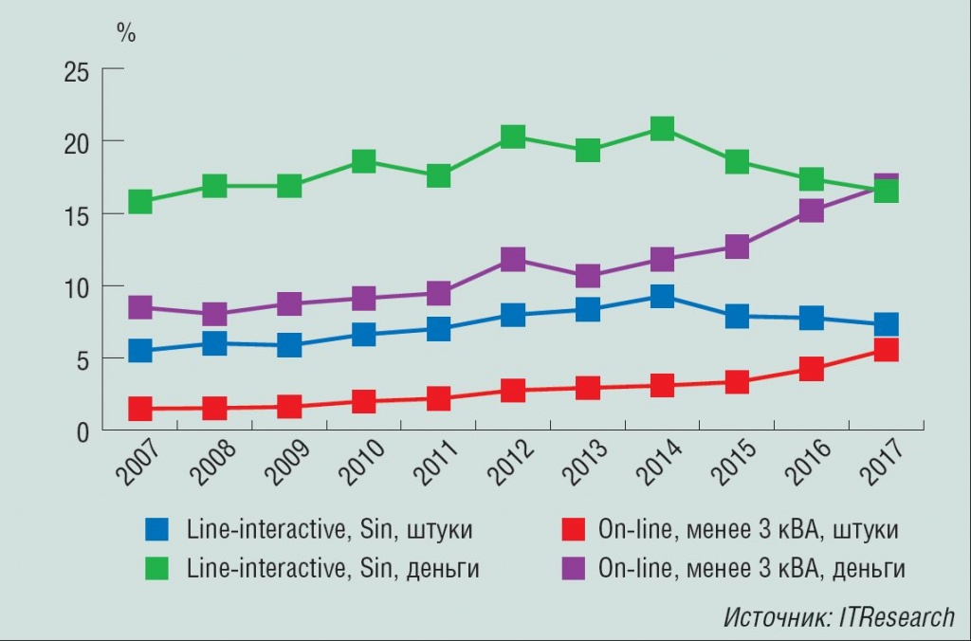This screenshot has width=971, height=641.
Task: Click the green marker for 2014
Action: click(x=662, y=129)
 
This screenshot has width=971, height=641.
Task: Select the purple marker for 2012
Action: click(x=513, y=260)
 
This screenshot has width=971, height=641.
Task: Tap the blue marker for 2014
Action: click(x=662, y=297)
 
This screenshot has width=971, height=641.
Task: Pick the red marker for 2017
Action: click(x=886, y=350)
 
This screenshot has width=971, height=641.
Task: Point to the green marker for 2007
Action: click(x=140, y=202)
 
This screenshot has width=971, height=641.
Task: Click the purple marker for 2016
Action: click(x=811, y=211)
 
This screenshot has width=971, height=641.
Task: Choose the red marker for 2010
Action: click(x=364, y=401)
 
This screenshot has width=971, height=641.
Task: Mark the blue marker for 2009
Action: click(x=289, y=345)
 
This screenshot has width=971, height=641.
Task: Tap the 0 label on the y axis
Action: click(x=82, y=431)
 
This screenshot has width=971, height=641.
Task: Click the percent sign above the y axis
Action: click(x=126, y=32)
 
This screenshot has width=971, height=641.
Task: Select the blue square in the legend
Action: click(x=157, y=529)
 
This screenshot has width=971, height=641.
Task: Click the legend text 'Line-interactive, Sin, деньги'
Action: click(x=333, y=569)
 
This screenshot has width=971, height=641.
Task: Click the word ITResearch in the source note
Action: click(x=896, y=618)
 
